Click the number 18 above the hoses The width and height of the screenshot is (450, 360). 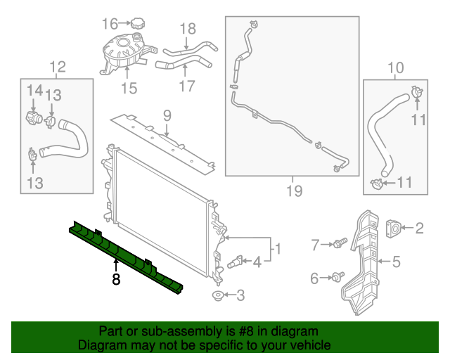coord(187,29)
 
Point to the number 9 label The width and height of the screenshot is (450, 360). coord(167,115)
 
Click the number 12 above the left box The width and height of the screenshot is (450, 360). coord(57,67)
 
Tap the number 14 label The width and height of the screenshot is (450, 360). coord(34,90)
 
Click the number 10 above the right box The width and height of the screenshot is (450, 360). coord(396,67)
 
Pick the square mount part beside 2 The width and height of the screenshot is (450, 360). coord(394,227)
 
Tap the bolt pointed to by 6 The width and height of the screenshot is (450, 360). coord(340,277)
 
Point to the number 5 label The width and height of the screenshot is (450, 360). coord(396,262)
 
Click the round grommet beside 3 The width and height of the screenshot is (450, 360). coord(218,295)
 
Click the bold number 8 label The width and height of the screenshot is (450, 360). coord(116,279)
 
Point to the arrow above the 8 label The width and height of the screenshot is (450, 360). coord(116,266)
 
